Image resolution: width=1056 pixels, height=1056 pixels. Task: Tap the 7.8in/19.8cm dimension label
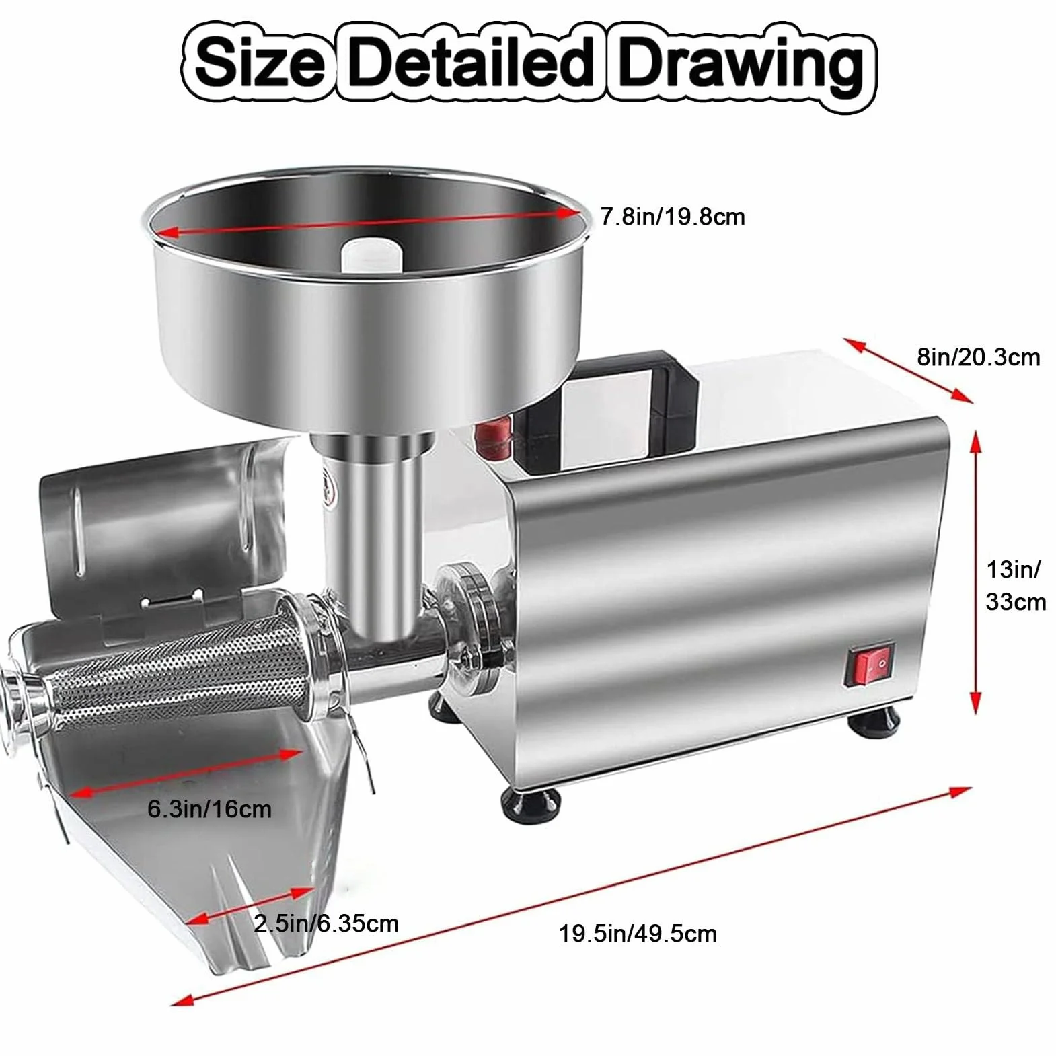coord(673,217)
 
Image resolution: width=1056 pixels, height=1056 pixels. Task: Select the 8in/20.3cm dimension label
coord(979,356)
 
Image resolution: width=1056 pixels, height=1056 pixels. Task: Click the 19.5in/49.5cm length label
coord(638,933)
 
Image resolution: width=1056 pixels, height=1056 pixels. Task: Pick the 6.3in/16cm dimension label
coord(209,808)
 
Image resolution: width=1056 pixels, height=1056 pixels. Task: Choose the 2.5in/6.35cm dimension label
coord(326,923)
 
